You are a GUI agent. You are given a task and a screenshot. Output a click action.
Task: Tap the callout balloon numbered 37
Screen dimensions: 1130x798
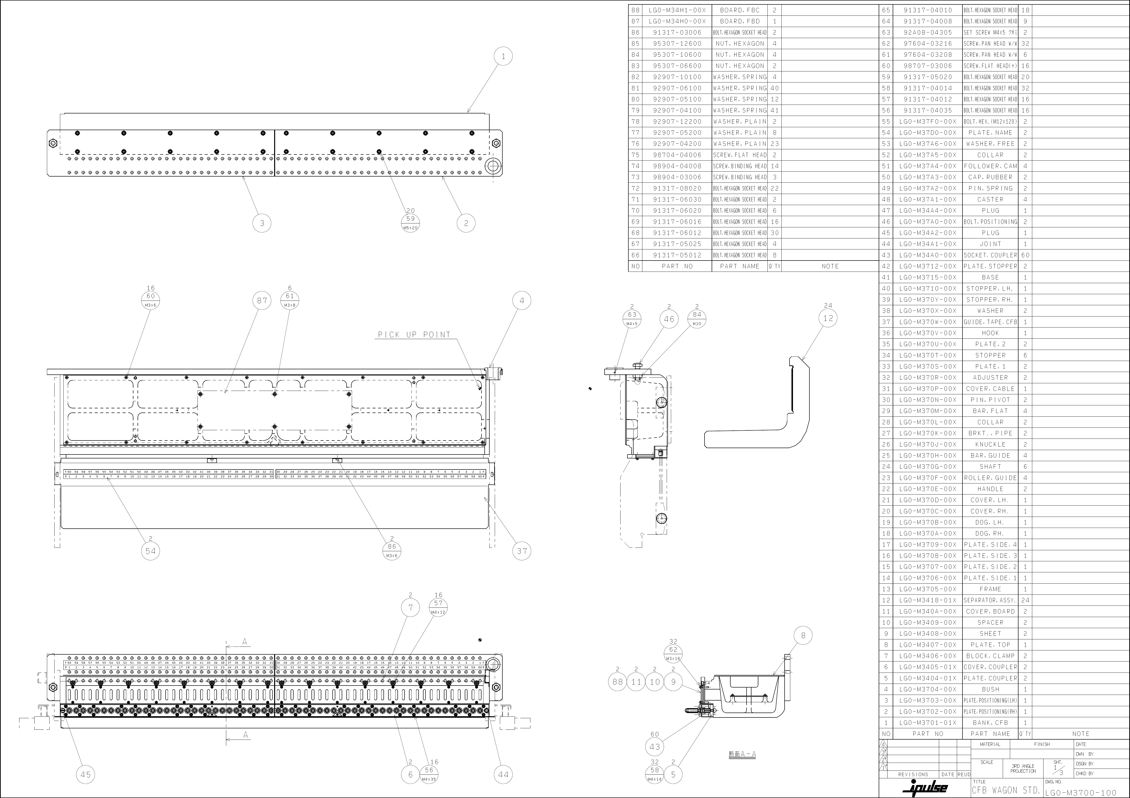(522, 551)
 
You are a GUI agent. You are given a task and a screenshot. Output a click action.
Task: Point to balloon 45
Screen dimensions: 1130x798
(86, 774)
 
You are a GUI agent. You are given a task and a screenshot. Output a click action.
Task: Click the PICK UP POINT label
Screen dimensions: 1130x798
(414, 335)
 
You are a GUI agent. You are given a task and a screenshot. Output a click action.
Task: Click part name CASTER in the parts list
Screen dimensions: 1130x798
(990, 199)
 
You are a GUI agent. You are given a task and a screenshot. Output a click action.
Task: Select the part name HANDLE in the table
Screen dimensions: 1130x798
(990, 489)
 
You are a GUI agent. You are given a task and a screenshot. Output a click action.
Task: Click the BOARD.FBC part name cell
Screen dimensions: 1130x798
(740, 10)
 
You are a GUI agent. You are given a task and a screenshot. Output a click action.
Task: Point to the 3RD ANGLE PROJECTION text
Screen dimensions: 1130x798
(1023, 769)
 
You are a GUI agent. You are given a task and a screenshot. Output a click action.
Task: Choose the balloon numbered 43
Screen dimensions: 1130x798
(655, 747)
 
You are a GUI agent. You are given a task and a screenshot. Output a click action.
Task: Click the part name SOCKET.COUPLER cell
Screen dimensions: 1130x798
(990, 255)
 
